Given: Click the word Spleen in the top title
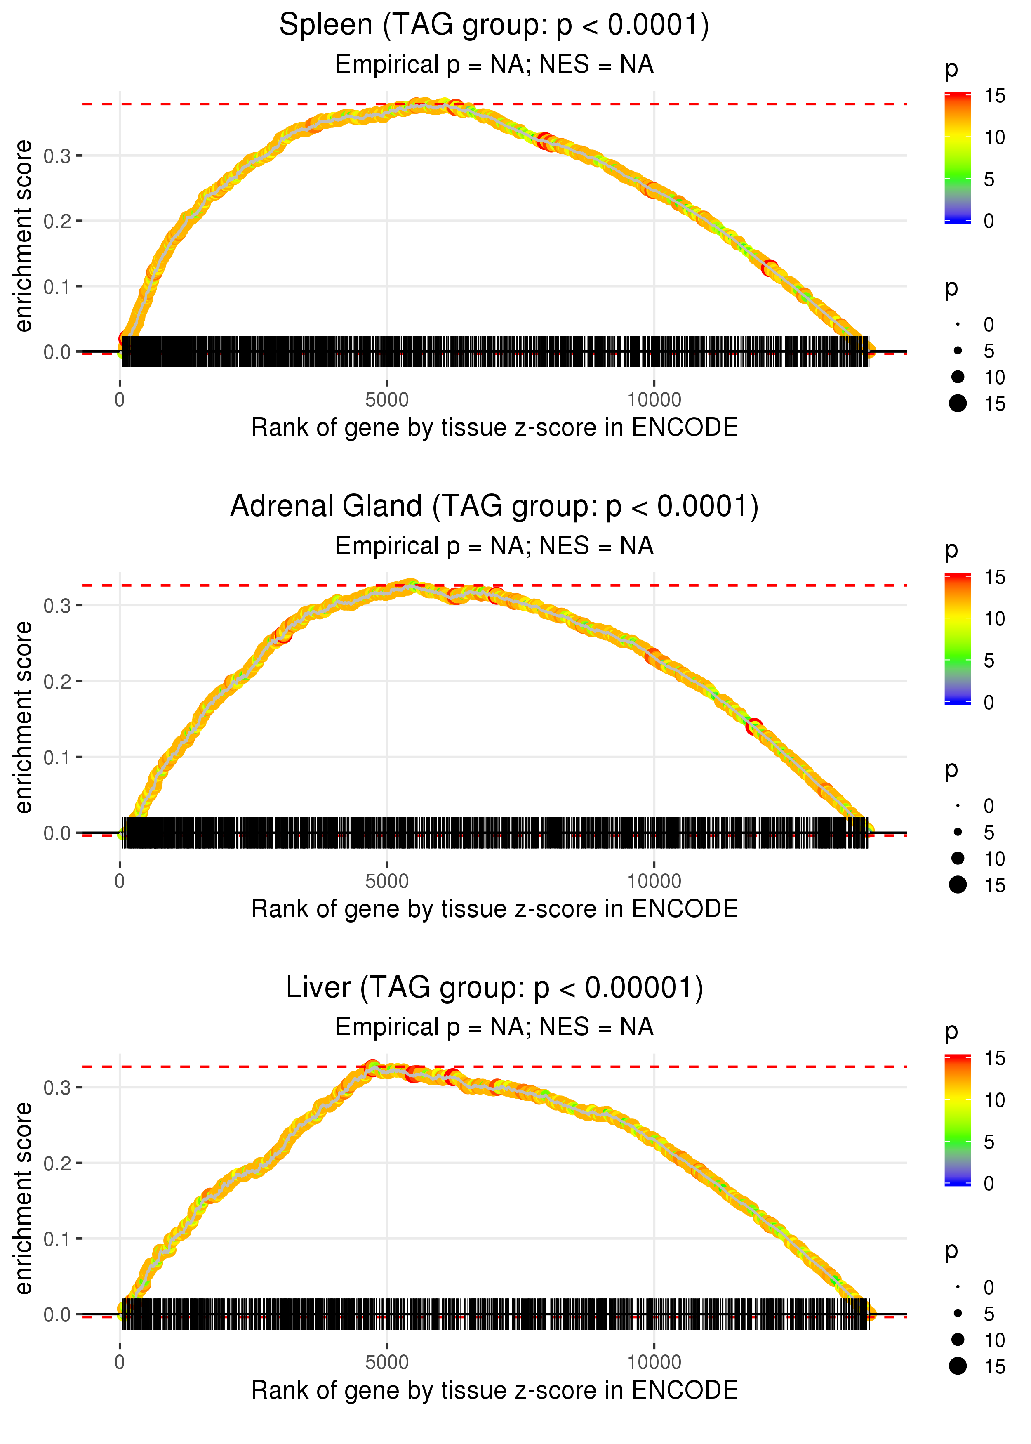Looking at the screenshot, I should tap(326, 26).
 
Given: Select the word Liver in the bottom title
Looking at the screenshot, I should tap(318, 988).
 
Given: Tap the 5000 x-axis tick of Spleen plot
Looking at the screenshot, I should tap(387, 400).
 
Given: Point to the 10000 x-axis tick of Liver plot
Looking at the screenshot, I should tap(654, 1363).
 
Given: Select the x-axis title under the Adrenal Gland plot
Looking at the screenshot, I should tap(494, 909).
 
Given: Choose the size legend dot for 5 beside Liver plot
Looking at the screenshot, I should tap(958, 1313).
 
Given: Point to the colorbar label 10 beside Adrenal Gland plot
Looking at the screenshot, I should tap(994, 618).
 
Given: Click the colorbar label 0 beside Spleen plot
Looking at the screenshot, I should tap(989, 221).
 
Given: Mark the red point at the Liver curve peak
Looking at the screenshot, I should tap(373, 1067).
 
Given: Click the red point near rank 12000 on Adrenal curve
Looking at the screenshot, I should tap(753, 726).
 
